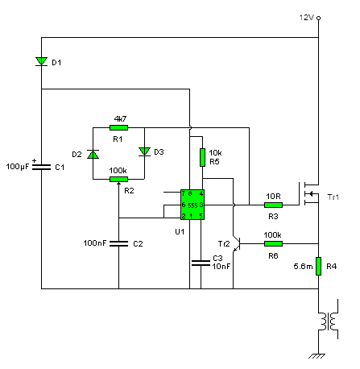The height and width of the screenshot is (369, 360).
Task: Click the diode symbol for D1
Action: coord(41,61)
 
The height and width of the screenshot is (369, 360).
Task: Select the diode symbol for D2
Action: coord(93,155)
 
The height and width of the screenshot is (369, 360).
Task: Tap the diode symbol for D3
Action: coord(144,151)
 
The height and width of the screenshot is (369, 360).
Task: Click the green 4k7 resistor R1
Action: coord(118,128)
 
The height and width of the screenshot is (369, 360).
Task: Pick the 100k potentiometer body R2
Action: coord(118,179)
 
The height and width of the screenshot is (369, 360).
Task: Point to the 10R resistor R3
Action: coord(273,205)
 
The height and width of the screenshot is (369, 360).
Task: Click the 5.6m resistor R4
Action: coord(318,266)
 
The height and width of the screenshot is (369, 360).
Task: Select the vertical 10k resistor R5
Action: coord(202,157)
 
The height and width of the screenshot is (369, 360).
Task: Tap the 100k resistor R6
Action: coord(273,243)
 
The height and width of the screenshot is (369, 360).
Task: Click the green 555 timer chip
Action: coord(192,205)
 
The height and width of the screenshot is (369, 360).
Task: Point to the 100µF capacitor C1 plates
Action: coord(41,167)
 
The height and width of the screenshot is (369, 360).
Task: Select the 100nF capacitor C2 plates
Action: coord(118,243)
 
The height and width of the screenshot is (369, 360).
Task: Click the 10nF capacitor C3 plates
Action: coord(201,263)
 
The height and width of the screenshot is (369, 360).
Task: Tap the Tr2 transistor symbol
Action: coord(236,243)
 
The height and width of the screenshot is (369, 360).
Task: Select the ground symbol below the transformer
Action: coord(317,356)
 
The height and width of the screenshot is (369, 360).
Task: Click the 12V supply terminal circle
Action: coord(318,18)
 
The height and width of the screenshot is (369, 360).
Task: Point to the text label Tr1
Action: coord(333,197)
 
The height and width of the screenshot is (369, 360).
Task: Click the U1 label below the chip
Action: coord(180,231)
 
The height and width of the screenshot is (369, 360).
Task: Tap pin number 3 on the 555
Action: coord(201,205)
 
